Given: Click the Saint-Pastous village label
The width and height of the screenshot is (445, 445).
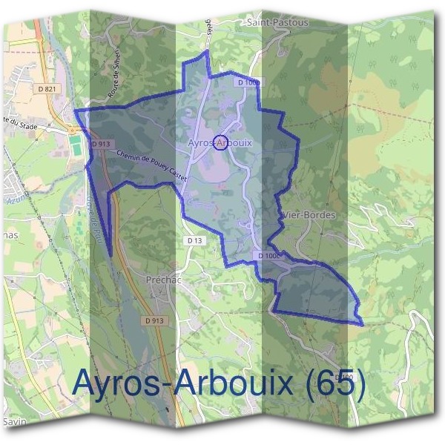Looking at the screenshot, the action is [x=271, y=23].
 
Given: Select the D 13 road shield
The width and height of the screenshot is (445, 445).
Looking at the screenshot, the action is [x=194, y=240].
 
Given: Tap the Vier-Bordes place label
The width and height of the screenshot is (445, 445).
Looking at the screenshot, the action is [x=310, y=215].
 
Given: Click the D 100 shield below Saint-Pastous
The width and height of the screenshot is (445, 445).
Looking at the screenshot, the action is [x=248, y=82].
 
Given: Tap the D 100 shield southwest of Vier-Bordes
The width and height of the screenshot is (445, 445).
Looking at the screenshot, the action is [x=269, y=256].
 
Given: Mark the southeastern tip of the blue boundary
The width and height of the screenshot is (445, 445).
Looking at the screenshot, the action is [x=363, y=324].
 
